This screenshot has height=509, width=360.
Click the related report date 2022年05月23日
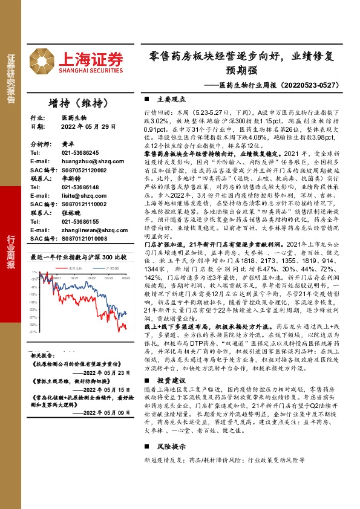103,372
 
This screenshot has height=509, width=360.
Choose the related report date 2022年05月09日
103,412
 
